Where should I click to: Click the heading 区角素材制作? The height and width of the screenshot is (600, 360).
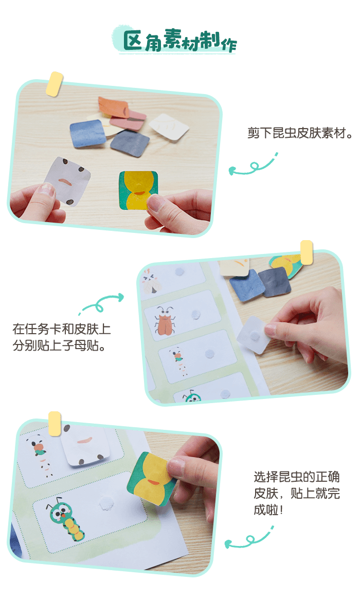pos(180,41)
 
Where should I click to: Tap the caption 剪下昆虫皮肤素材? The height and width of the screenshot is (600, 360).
pos(300,133)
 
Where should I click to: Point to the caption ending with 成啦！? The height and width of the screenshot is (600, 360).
pos(297,493)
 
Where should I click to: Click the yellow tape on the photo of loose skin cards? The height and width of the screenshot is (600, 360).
pos(55,84)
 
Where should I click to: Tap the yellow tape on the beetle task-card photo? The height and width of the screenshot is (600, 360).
pos(307,252)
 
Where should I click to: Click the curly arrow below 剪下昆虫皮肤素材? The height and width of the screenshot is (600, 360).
pos(253,166)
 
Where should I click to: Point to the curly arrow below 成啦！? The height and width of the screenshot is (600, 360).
pos(249,539)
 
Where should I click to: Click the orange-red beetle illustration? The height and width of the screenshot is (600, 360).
pos(165,321)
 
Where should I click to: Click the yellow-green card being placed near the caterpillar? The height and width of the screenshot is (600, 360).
pos(152,479)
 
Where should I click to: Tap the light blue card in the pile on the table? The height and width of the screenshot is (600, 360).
pos(88,133)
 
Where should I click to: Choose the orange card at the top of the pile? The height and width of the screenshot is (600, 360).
pos(113,106)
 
